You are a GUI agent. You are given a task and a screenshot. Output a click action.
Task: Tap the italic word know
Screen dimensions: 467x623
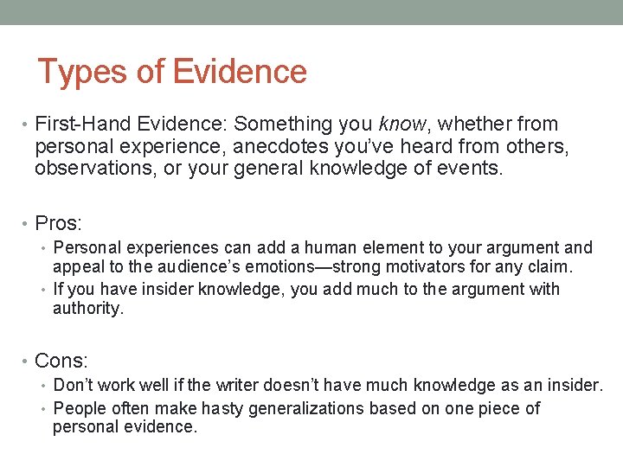click(x=398, y=125)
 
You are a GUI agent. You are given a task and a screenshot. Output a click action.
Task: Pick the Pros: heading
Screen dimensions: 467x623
click(x=59, y=224)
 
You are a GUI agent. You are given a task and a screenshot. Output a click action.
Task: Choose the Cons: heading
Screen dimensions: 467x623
click(x=61, y=360)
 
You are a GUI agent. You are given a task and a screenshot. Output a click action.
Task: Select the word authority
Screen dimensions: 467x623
click(x=88, y=309)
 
